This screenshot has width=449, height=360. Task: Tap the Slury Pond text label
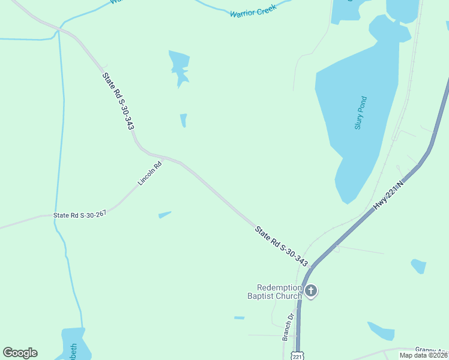click(x=360, y=113)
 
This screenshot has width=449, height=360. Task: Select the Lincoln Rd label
click(x=149, y=173)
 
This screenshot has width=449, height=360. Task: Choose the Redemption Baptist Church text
click(x=274, y=292)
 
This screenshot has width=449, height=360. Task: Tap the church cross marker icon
click(x=310, y=292)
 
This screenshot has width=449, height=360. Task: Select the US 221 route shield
click(x=298, y=356)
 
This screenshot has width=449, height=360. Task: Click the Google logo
click(x=20, y=353)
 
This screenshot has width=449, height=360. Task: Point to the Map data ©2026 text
click(x=423, y=355)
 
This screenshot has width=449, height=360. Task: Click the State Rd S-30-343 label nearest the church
click(x=281, y=246)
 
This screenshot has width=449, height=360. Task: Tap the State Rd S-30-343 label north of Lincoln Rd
click(x=118, y=101)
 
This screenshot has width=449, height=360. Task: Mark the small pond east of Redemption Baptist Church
click(x=418, y=266)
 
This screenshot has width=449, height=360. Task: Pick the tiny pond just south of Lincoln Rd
click(x=164, y=214)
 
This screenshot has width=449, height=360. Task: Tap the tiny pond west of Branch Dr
click(x=239, y=317)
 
